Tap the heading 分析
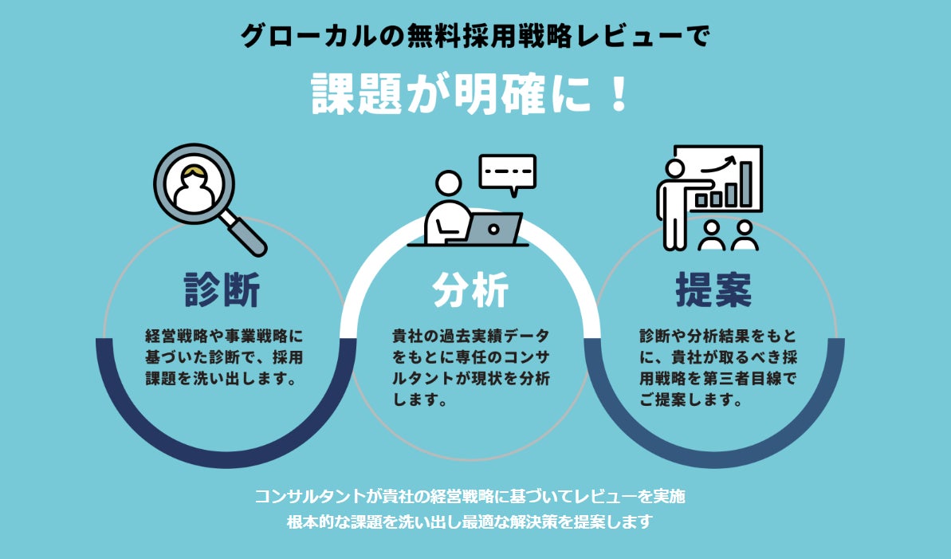[x=470, y=290]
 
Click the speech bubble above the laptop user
[x=507, y=173]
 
